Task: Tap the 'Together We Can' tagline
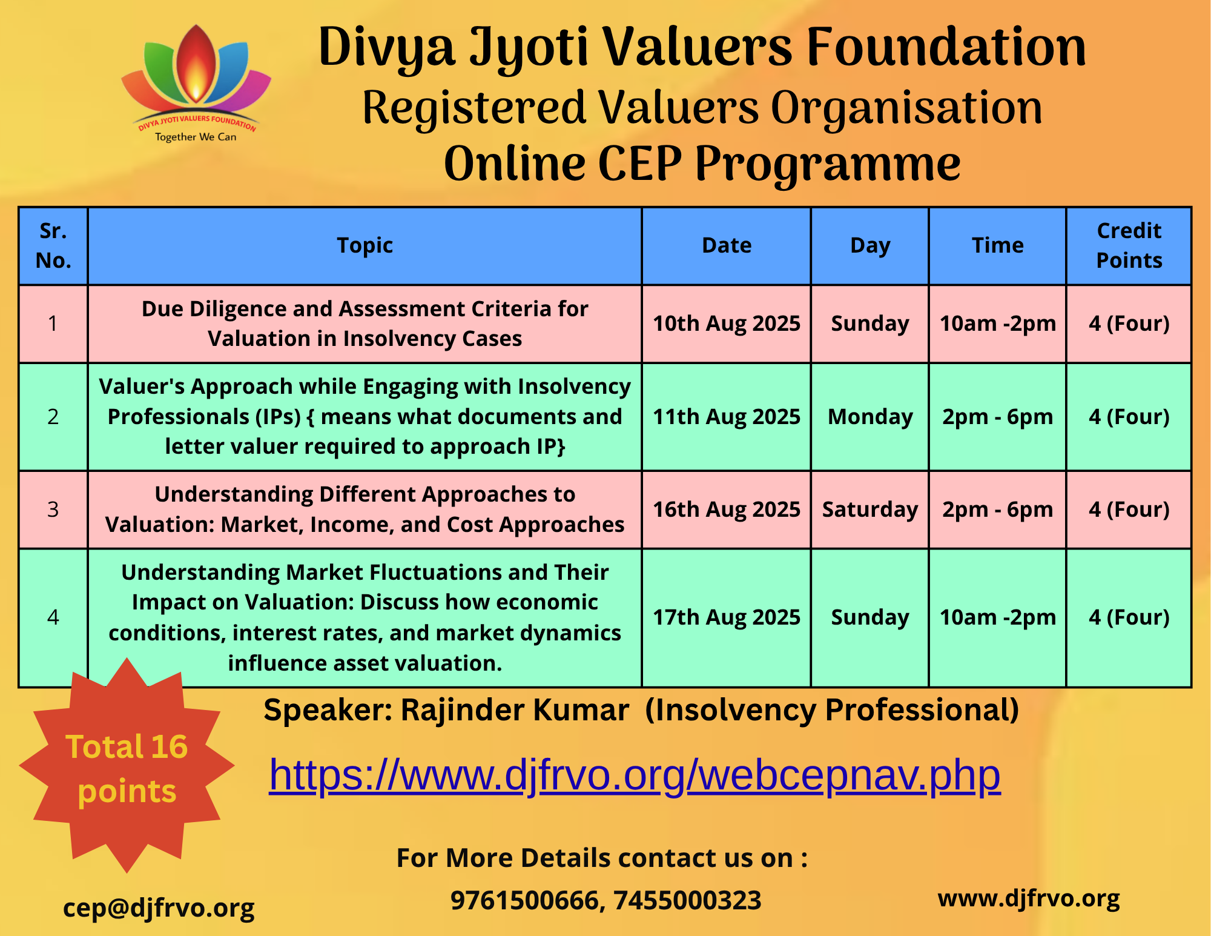tap(196, 137)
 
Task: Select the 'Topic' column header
tap(365, 245)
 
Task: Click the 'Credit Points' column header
tap(1129, 245)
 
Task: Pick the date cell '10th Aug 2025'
tap(727, 324)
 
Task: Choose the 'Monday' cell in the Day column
tap(870, 417)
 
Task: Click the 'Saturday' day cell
tap(870, 509)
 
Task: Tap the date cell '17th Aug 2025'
tap(727, 617)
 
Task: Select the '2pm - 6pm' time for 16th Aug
tap(998, 509)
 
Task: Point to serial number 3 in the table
tap(53, 509)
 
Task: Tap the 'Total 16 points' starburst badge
tap(127, 766)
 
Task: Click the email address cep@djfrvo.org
tap(159, 908)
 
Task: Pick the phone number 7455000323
tap(688, 900)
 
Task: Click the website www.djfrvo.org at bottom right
tap(1029, 898)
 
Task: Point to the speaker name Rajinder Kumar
tap(515, 710)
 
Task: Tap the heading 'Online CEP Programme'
tap(702, 164)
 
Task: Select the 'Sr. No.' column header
tap(53, 245)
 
